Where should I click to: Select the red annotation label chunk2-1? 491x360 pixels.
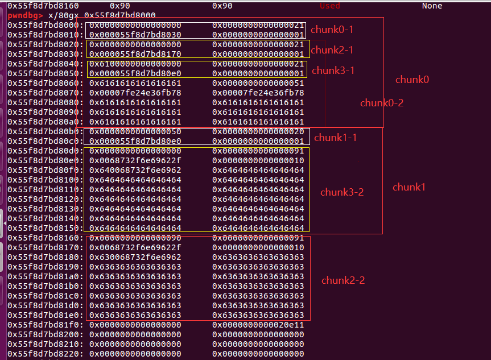[x=332, y=50]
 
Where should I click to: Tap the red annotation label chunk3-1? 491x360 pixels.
[x=333, y=71]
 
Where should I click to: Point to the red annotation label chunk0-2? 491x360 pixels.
[x=382, y=103]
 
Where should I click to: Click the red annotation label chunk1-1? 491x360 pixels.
[x=336, y=137]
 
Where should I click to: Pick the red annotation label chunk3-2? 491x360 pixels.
[x=342, y=192]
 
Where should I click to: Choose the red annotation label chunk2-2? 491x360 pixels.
[x=343, y=280]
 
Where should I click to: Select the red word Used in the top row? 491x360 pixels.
[x=330, y=6]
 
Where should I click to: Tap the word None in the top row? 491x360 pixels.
[x=432, y=6]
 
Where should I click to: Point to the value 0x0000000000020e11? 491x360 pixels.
[x=258, y=325]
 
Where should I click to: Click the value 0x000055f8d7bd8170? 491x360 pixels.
[x=135, y=54]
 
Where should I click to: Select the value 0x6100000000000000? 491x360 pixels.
[x=135, y=64]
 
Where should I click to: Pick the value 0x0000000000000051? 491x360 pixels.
[x=258, y=83]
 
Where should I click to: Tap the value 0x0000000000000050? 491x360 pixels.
[x=135, y=131]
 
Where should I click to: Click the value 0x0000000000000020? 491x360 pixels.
[x=258, y=131]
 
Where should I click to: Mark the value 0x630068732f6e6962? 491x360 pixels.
[x=135, y=257]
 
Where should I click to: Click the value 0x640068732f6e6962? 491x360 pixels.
[x=135, y=170]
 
